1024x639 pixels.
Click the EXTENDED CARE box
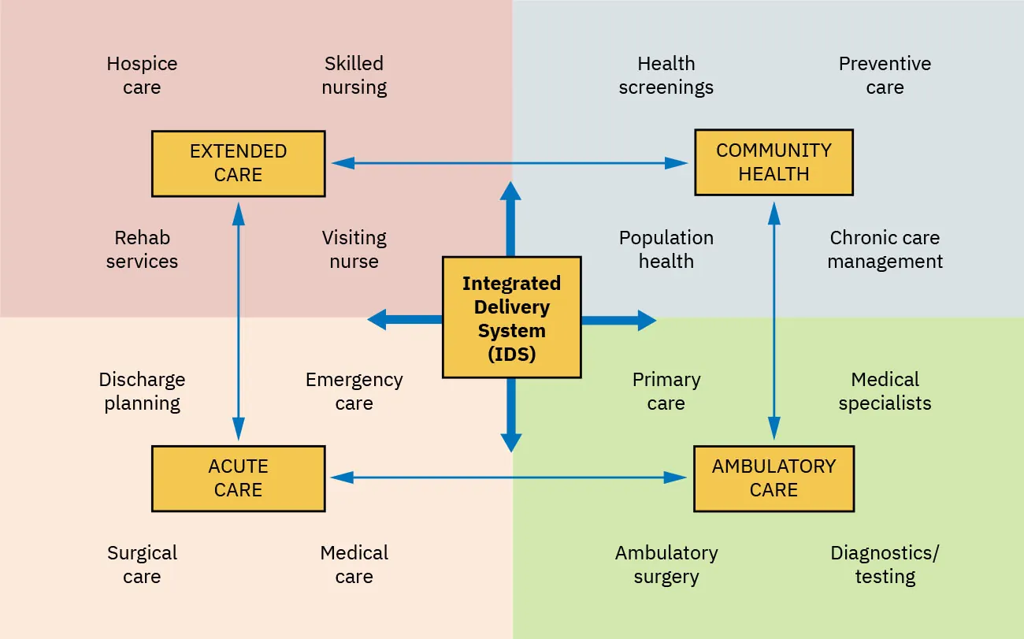pyautogui.click(x=238, y=163)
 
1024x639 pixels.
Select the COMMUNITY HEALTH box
pyautogui.click(x=774, y=162)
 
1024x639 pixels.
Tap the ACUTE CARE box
pyautogui.click(x=238, y=478)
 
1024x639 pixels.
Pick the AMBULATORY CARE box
pyautogui.click(x=774, y=478)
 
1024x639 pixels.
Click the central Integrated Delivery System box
pyautogui.click(x=511, y=318)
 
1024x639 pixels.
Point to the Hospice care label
pyautogui.click(x=142, y=76)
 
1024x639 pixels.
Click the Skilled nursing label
pyautogui.click(x=354, y=76)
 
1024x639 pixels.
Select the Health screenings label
pyautogui.click(x=666, y=76)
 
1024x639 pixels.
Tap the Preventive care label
pyautogui.click(x=885, y=76)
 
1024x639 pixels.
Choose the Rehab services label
pyautogui.click(x=142, y=250)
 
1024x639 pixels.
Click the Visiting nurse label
pyautogui.click(x=354, y=250)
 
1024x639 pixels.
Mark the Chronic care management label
pyautogui.click(x=885, y=250)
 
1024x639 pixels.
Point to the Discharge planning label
pyautogui.click(x=142, y=392)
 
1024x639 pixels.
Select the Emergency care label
pyautogui.click(x=354, y=392)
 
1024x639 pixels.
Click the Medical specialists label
pyautogui.click(x=885, y=392)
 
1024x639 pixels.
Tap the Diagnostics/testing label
pyautogui.click(x=885, y=565)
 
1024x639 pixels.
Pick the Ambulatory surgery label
pyautogui.click(x=666, y=565)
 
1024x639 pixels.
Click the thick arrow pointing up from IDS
pyautogui.click(x=511, y=217)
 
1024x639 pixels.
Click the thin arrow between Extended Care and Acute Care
pyautogui.click(x=238, y=321)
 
